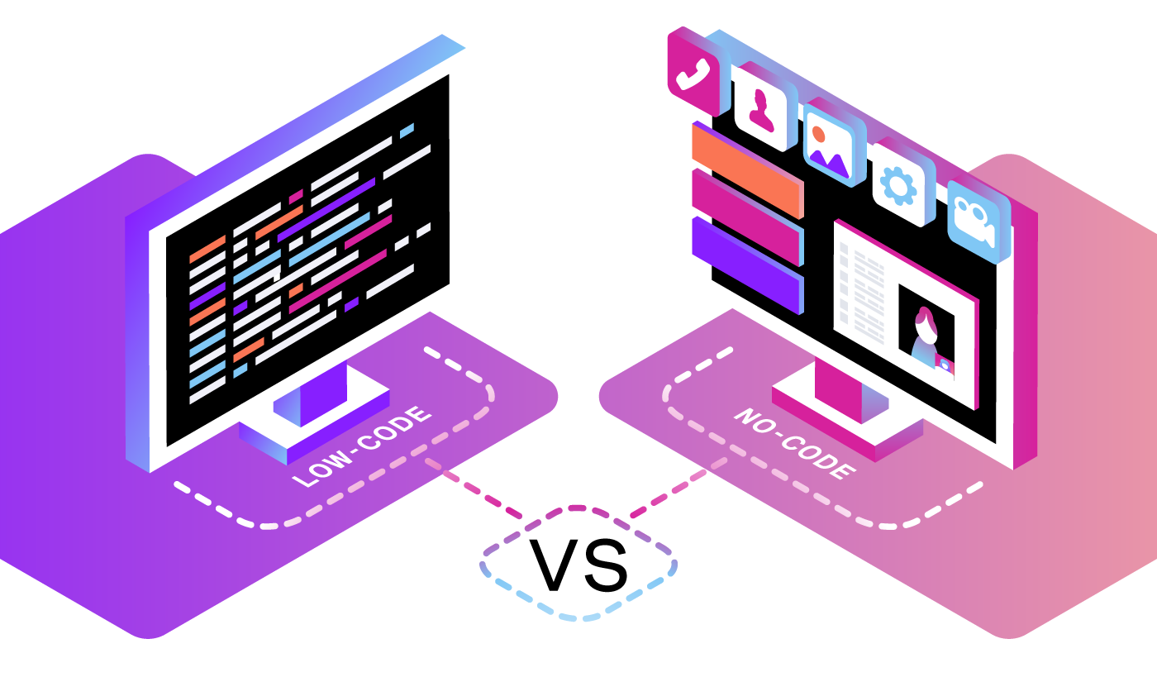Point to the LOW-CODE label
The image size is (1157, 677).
coord(362,446)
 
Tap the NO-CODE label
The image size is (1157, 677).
coord(795,443)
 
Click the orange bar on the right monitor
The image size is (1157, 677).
coord(747,169)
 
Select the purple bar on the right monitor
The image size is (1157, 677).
coord(747,265)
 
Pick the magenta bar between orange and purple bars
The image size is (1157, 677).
coord(747,217)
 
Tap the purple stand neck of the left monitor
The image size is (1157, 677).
coord(323,396)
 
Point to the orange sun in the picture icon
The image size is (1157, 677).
coord(818,134)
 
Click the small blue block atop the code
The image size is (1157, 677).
coord(407,131)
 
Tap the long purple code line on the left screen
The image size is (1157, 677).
coord(326,210)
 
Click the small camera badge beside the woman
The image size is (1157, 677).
coord(945,365)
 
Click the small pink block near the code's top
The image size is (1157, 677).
coord(296,197)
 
